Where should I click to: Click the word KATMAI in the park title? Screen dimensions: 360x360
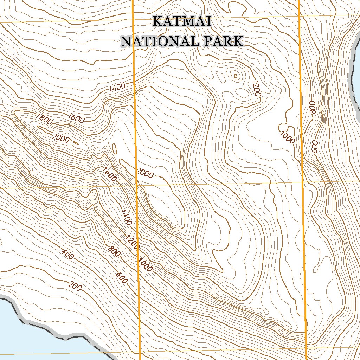tap(182, 22)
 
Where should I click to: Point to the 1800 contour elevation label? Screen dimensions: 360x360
tap(44, 120)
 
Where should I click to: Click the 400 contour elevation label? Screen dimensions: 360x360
tap(67, 254)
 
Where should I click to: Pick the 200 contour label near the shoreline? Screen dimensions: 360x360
tap(75, 287)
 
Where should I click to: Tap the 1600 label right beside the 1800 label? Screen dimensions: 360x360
tap(76, 118)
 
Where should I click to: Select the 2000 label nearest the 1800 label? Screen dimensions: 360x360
tap(61, 138)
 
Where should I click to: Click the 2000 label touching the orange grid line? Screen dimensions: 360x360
tap(144, 173)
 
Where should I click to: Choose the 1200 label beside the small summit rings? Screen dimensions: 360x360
tap(256, 88)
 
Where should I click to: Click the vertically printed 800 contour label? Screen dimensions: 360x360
tap(313, 107)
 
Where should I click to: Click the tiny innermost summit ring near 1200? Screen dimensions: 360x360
tap(235, 75)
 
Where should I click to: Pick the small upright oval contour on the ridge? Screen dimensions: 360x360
tap(114, 149)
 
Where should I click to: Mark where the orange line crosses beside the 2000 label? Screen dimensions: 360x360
tap(136, 173)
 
